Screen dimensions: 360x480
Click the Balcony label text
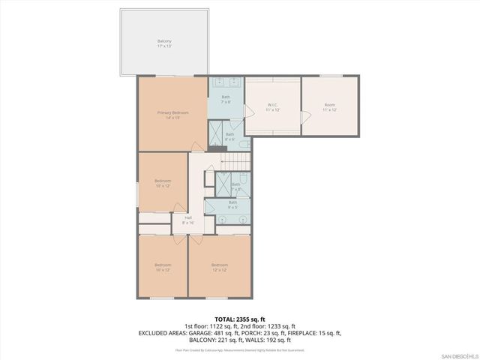pyautogui.click(x=164, y=43)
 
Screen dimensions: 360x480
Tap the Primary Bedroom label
pyautogui.click(x=172, y=115)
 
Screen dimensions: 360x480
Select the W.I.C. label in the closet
pyautogui.click(x=273, y=107)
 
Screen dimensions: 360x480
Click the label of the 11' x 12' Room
pyautogui.click(x=329, y=107)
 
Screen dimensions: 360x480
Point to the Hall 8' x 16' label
pyautogui.click(x=188, y=220)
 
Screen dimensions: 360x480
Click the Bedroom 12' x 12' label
pyautogui.click(x=219, y=266)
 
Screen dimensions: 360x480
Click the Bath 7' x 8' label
pyautogui.click(x=226, y=99)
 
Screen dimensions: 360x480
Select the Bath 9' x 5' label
pyautogui.click(x=232, y=204)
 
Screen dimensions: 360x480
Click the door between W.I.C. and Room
pyautogui.click(x=304, y=118)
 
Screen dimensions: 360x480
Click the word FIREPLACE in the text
pyautogui.click(x=301, y=332)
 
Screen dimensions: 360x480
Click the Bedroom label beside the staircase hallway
pyautogui.click(x=163, y=182)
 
